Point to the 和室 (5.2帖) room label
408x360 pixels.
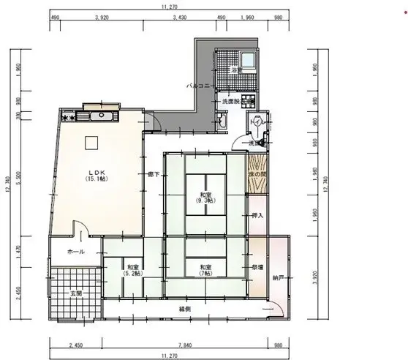[133, 270]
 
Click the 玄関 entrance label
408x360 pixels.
[75, 293]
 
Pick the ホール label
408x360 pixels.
[75, 252]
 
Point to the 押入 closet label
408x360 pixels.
[257, 217]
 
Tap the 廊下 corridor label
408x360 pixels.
[153, 174]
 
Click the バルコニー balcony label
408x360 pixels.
[200, 86]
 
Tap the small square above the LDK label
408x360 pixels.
[93, 143]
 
